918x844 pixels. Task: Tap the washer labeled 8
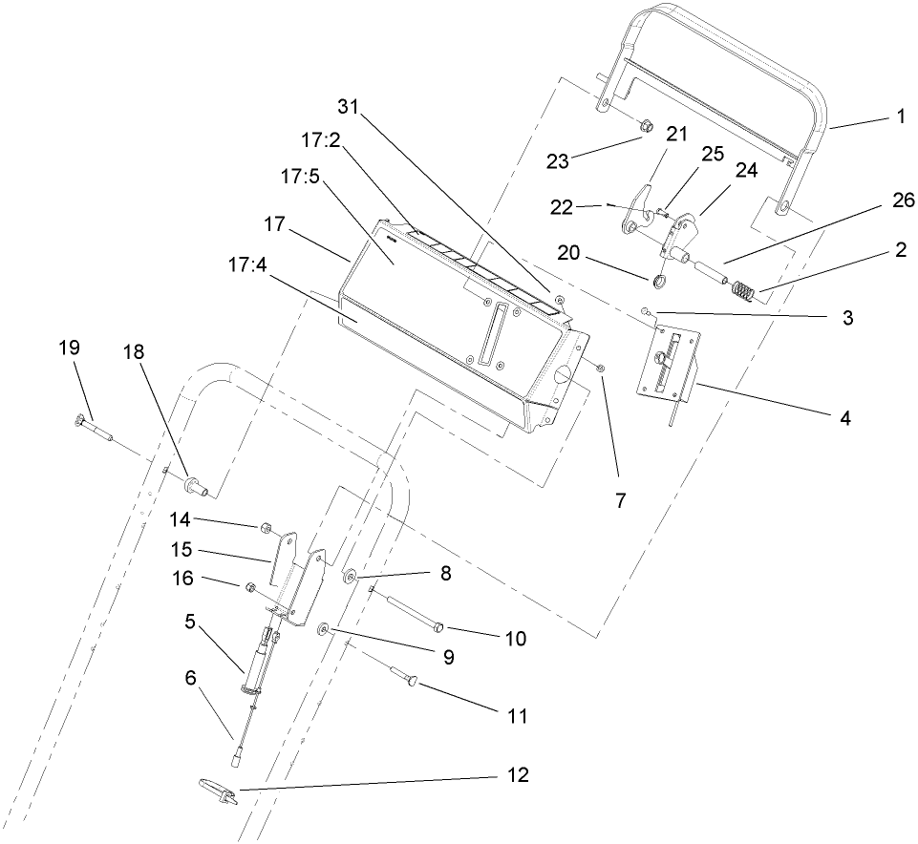[349, 577]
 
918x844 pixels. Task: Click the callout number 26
[903, 200]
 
